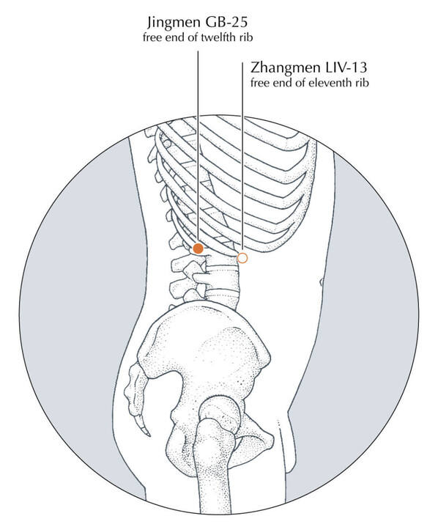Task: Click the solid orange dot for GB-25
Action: coord(198,248)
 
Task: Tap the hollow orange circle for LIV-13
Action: coord(242,258)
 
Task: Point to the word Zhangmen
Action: coord(285,68)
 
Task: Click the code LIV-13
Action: coord(345,67)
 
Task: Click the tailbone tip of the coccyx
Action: coord(148,435)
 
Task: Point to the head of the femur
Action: coord(219,420)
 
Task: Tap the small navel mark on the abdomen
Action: coord(321,281)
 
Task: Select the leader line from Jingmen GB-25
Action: coord(198,147)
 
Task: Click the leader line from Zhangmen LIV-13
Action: coord(242,158)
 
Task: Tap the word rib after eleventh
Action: coord(363,83)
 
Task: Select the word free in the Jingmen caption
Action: coord(151,37)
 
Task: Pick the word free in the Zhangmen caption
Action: coord(259,83)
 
